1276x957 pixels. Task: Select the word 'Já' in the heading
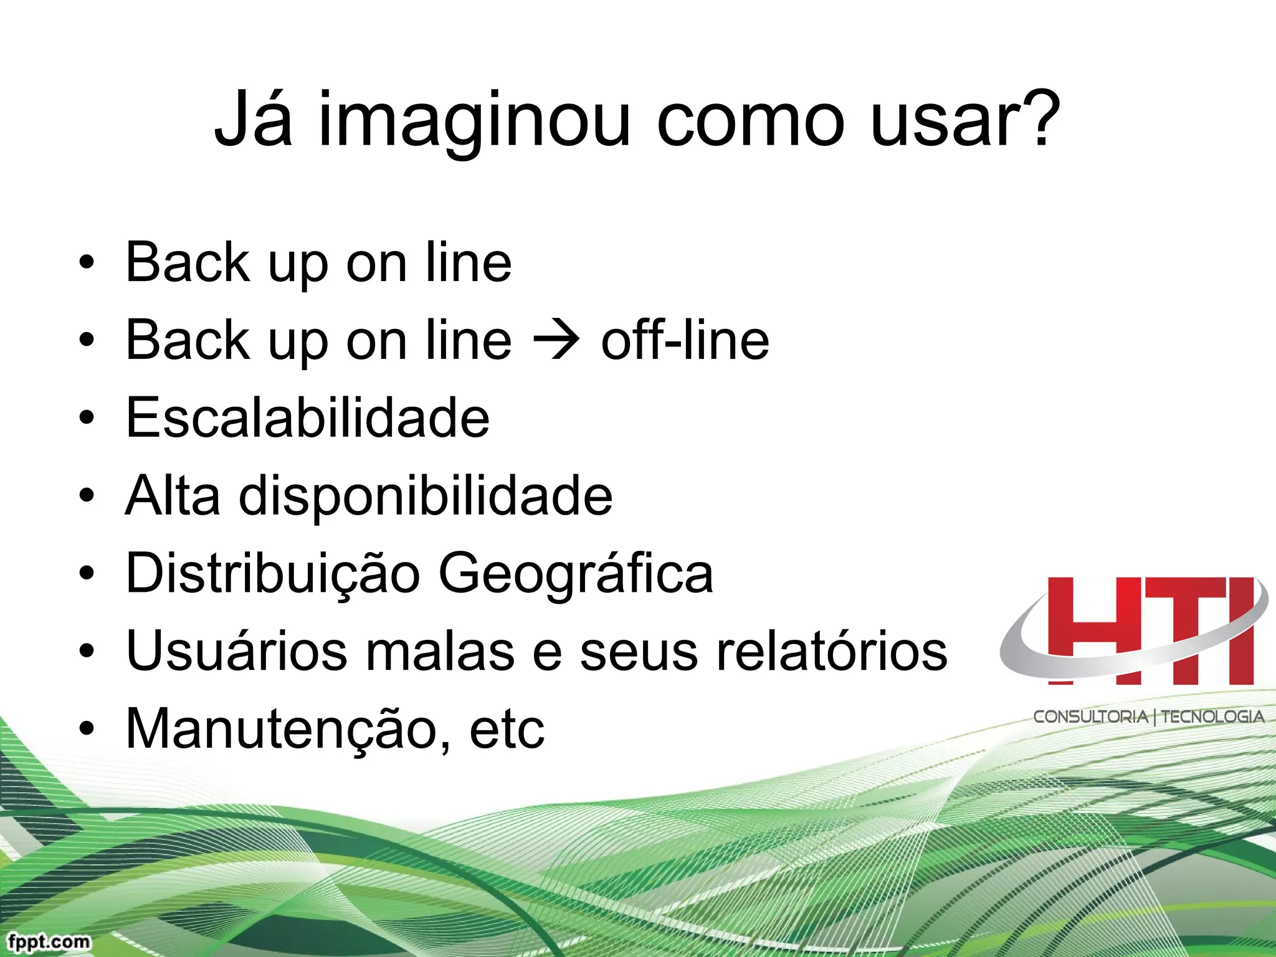click(x=253, y=118)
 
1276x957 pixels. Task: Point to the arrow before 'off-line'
click(x=556, y=341)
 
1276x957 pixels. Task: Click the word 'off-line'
click(x=685, y=340)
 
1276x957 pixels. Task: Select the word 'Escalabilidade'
click(x=308, y=417)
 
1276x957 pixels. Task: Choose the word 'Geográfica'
click(x=576, y=573)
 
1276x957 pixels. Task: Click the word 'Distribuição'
click(x=273, y=573)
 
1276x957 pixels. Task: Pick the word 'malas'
click(x=440, y=651)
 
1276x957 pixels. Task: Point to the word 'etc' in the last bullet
click(x=507, y=730)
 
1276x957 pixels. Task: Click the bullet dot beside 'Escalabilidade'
click(x=87, y=417)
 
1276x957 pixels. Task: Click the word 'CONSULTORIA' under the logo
click(x=1090, y=717)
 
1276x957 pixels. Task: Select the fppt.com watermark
click(x=49, y=941)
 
